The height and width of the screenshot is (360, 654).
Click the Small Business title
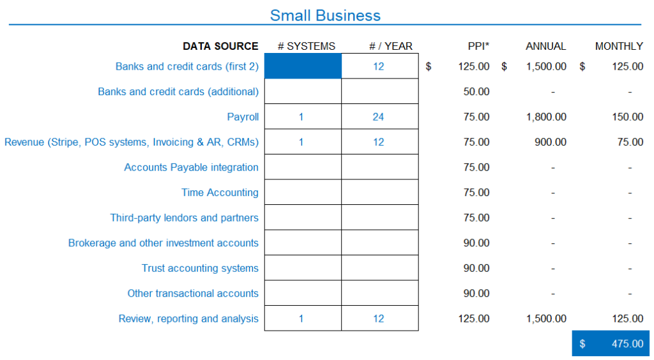tap(325, 15)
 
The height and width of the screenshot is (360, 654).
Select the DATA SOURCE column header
tap(220, 46)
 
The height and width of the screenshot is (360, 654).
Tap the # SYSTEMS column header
tap(307, 46)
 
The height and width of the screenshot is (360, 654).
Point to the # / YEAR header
tap(391, 46)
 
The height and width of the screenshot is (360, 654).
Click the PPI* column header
tap(478, 46)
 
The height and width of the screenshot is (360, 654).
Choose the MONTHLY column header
tap(619, 46)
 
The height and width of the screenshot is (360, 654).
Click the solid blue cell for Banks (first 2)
tap(303, 66)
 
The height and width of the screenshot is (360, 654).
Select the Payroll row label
tap(243, 117)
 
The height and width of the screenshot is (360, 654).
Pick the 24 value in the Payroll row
tap(378, 117)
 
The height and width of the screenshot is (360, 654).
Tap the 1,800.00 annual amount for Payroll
tap(547, 117)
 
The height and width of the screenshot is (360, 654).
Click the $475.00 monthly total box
tap(611, 343)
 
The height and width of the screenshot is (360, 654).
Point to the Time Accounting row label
tap(220, 193)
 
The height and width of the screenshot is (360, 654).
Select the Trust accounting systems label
tap(200, 268)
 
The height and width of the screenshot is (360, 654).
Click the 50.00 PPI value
tap(476, 92)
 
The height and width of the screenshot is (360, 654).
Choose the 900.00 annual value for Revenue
tap(551, 142)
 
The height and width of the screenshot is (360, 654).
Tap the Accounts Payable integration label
tap(192, 167)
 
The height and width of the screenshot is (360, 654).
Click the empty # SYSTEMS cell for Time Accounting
tap(303, 192)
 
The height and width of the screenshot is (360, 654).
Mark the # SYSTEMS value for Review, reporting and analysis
tap(301, 319)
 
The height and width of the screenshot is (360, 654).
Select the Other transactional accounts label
tap(193, 294)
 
